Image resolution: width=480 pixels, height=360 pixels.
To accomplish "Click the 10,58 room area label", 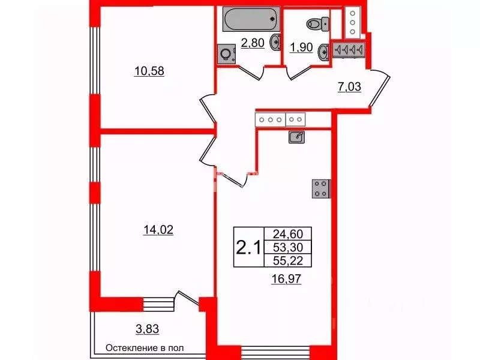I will coord(149,71).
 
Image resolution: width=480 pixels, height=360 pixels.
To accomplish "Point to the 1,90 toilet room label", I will coord(301,47).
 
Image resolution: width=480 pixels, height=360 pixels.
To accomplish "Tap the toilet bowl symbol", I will coord(316,23).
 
